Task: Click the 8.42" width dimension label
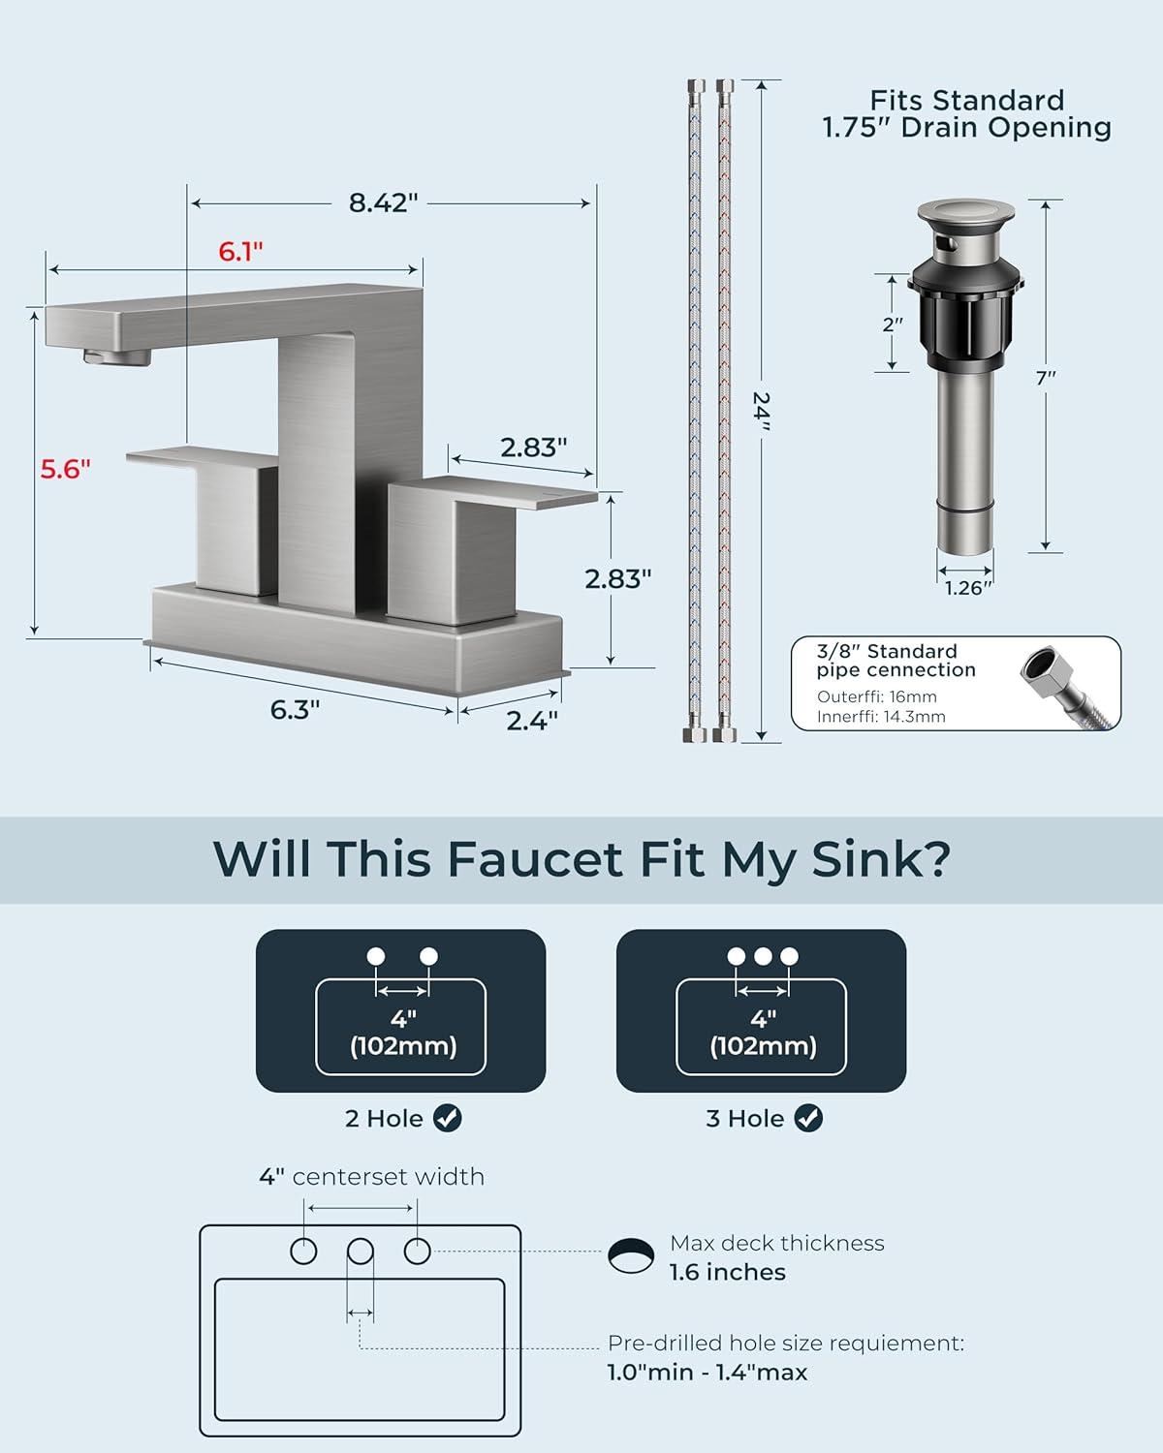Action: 383,202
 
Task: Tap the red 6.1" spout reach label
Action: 240,251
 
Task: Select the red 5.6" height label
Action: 65,469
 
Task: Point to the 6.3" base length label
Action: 295,710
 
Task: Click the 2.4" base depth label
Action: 532,721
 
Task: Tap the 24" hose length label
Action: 762,411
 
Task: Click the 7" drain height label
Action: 1046,378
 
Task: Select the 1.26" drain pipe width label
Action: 967,588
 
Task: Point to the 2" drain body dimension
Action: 893,325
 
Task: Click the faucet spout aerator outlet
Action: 117,356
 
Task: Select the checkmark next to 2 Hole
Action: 448,1118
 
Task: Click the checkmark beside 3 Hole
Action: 808,1118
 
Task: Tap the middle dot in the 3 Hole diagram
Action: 763,956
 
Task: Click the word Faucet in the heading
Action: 535,859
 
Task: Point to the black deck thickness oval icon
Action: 631,1255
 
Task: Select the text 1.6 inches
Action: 728,1273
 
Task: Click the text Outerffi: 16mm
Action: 876,696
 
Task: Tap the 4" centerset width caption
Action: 371,1177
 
